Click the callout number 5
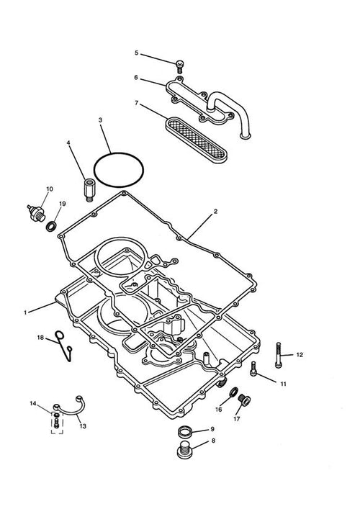click(136, 53)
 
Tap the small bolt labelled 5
click(180, 66)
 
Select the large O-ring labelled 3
click(119, 170)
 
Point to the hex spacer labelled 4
click(89, 189)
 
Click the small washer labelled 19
click(51, 226)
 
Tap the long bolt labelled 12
click(278, 355)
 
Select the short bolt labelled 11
click(253, 369)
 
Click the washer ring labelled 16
click(233, 392)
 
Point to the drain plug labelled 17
click(244, 400)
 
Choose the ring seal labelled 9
click(184, 433)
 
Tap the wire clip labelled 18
click(64, 346)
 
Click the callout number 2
click(215, 212)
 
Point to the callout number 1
click(25, 312)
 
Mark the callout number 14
click(33, 403)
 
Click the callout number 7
click(136, 103)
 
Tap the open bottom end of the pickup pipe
click(245, 136)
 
